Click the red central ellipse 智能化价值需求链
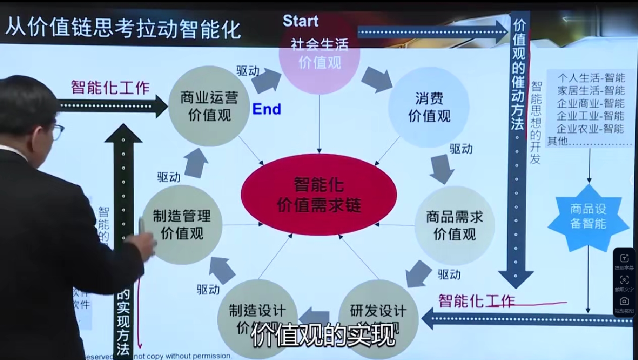pyautogui.click(x=319, y=194)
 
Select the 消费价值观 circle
pyautogui.click(x=429, y=107)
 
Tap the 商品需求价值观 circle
pyautogui.click(x=455, y=225)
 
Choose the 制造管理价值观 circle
pyautogui.click(x=182, y=225)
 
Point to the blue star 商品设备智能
pyautogui.click(x=588, y=217)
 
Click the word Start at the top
pyautogui.click(x=300, y=21)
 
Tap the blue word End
pyautogui.click(x=266, y=109)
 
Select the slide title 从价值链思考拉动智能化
pyautogui.click(x=123, y=28)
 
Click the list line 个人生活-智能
pyautogui.click(x=591, y=78)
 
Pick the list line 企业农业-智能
pyautogui.click(x=591, y=128)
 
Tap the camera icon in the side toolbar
pyautogui.click(x=624, y=301)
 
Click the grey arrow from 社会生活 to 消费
pyautogui.click(x=376, y=79)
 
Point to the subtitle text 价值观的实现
pyautogui.click(x=323, y=336)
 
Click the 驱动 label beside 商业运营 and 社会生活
pyautogui.click(x=247, y=71)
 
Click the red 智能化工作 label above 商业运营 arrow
pyautogui.click(x=110, y=87)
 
